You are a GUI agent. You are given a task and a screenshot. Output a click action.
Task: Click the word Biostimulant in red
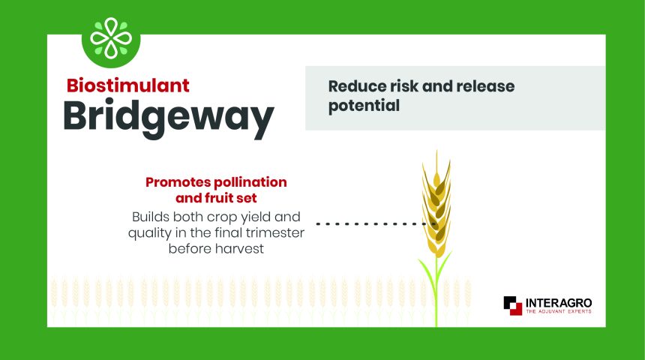point(128,85)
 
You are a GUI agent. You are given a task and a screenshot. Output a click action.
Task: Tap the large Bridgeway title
point(169,117)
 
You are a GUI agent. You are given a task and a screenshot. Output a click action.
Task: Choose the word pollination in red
point(250,182)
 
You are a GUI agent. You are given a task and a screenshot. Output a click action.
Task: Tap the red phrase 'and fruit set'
point(216,198)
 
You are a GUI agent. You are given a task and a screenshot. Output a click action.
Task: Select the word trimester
point(275,232)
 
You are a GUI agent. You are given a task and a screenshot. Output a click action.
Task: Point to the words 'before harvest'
point(216,249)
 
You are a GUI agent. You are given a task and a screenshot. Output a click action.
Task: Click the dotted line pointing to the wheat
point(376,223)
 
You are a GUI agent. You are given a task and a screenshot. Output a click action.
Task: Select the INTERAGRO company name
point(559,303)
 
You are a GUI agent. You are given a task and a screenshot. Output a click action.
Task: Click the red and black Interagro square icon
point(512,305)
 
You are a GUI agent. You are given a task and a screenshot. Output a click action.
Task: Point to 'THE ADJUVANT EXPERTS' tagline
point(559,311)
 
